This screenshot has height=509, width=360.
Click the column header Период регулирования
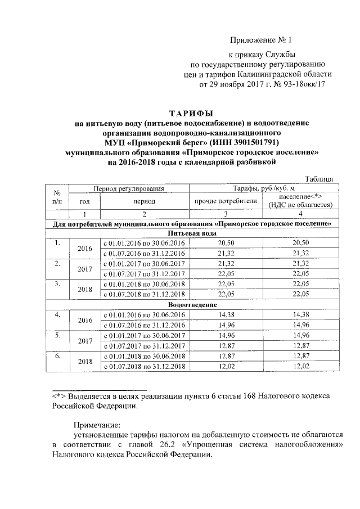click(x=129, y=188)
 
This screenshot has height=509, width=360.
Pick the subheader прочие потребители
click(x=226, y=201)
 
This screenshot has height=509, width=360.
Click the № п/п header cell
click(x=57, y=196)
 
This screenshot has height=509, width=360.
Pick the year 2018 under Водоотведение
click(x=84, y=362)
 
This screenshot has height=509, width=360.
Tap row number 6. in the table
click(x=57, y=357)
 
